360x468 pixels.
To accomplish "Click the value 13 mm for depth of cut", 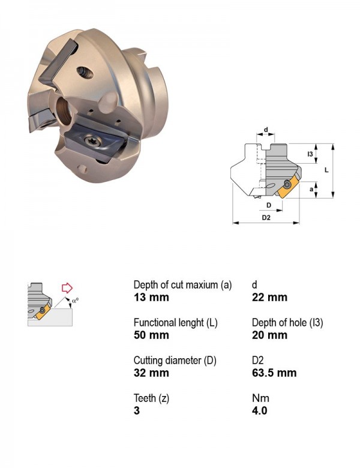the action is click(x=151, y=297).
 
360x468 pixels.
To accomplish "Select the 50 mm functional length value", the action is click(x=151, y=335).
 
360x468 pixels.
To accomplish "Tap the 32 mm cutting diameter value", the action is click(x=151, y=373).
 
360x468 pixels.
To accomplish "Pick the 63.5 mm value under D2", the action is click(x=274, y=373).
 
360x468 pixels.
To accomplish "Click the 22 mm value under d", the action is click(x=269, y=297).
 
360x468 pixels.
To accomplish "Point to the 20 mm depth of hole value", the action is click(x=269, y=335).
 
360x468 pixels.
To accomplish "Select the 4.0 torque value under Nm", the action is click(x=259, y=410).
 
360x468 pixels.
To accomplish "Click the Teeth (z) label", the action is click(x=151, y=398).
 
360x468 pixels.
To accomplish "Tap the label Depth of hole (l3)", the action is click(x=287, y=323).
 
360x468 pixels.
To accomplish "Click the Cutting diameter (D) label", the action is click(x=175, y=361).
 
